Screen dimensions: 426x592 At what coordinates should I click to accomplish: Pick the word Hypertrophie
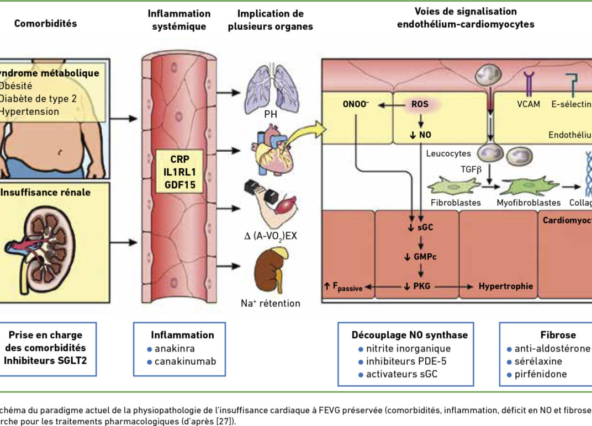click(505, 286)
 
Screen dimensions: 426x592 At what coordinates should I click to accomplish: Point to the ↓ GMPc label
click(421, 256)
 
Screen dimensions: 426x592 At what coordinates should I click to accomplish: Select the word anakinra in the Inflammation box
click(175, 348)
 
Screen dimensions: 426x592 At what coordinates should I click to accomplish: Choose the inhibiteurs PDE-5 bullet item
click(406, 361)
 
